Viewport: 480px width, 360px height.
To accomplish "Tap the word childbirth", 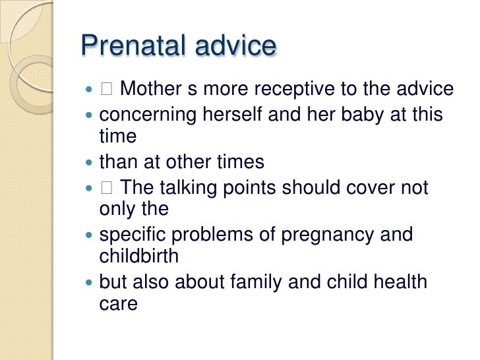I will tap(138, 256).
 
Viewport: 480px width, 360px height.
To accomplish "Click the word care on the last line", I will tap(118, 305).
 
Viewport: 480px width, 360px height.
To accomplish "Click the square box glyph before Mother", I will tap(107, 89).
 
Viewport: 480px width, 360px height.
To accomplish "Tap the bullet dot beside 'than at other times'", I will tap(90, 162).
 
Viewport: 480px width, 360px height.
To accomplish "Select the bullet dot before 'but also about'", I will tap(90, 284).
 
